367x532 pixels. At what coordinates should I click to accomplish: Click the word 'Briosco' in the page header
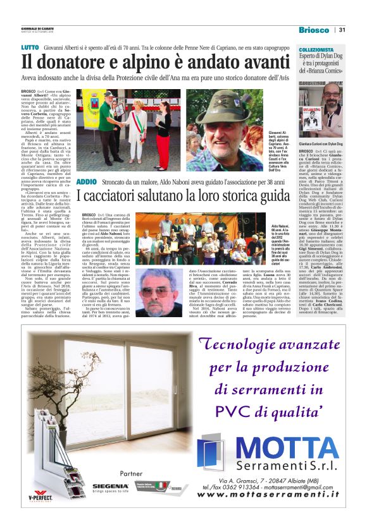314,30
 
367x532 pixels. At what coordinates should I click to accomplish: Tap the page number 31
342,30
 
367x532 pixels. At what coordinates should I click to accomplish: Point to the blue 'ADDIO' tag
86,164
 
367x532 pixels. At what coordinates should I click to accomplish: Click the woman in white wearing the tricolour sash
135,123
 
